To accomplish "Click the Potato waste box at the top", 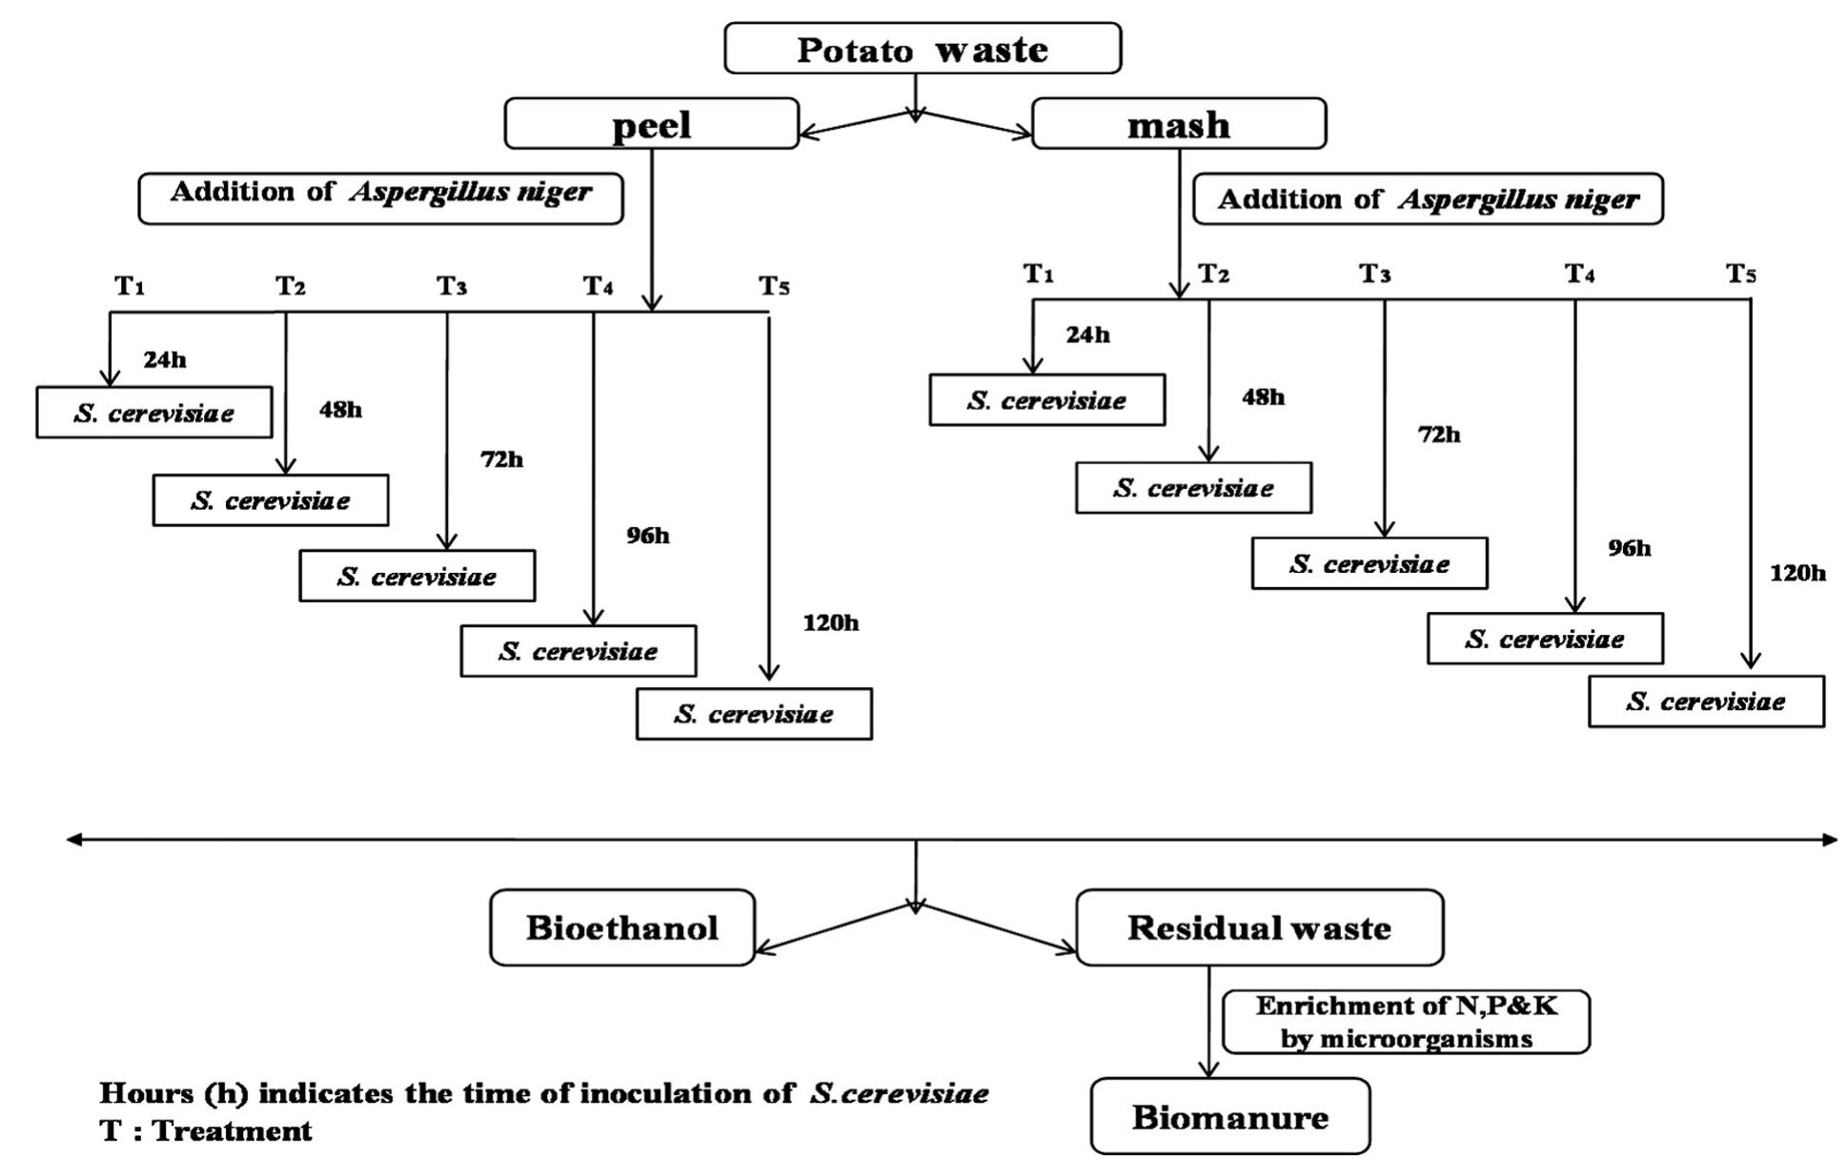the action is click(923, 49).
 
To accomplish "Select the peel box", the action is click(652, 124).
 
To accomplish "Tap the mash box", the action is click(1179, 124).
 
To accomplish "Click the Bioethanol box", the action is click(622, 927).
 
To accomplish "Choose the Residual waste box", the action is click(1260, 927).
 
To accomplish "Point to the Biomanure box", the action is click(1230, 1116).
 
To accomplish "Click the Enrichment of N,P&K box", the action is click(1407, 1022).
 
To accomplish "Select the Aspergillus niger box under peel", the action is click(381, 198).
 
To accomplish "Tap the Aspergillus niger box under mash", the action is click(1429, 198).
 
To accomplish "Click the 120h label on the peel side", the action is click(831, 622).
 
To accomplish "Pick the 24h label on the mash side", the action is click(1087, 335).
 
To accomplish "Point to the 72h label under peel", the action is click(502, 459).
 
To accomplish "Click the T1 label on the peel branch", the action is click(130, 285).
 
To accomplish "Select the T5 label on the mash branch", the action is click(1741, 275).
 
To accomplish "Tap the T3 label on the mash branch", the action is click(1374, 275).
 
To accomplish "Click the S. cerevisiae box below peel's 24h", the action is click(154, 413).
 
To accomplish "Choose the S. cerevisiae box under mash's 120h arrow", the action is click(1706, 702).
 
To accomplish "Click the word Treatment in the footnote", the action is click(233, 1130).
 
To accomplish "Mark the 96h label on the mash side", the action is click(1630, 548).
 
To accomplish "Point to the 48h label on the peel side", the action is click(340, 410).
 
